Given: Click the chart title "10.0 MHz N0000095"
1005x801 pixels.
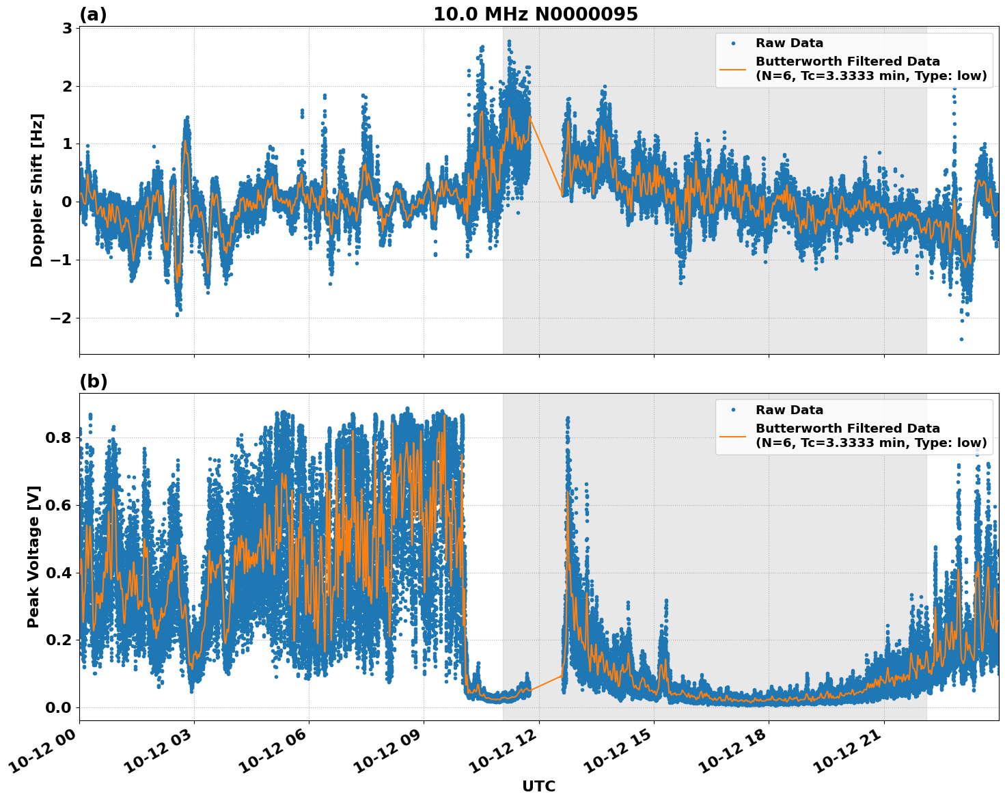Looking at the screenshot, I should click(x=536, y=14).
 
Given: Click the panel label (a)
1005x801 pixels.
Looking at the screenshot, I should click(x=93, y=14).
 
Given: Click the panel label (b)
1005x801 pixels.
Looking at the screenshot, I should click(x=93, y=381).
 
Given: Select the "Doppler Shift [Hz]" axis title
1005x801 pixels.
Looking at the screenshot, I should click(x=36, y=190).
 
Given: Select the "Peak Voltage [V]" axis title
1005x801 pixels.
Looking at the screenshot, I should click(x=33, y=556).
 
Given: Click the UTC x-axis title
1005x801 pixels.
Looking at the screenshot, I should click(x=538, y=787).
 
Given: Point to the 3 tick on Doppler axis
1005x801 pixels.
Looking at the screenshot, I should click(x=67, y=28).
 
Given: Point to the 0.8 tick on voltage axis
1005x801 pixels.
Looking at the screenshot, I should click(x=59, y=437).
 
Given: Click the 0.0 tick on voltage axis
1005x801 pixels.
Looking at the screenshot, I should click(x=59, y=707).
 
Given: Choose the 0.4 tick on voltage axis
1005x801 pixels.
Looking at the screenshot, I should click(x=59, y=573).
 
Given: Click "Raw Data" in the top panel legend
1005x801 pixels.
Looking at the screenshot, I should click(x=789, y=43).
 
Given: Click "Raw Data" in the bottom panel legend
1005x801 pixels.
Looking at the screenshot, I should click(x=789, y=410).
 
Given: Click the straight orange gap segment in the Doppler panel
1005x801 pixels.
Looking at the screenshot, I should click(x=547, y=157).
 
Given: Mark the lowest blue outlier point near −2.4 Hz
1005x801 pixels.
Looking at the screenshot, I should click(x=961, y=339).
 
